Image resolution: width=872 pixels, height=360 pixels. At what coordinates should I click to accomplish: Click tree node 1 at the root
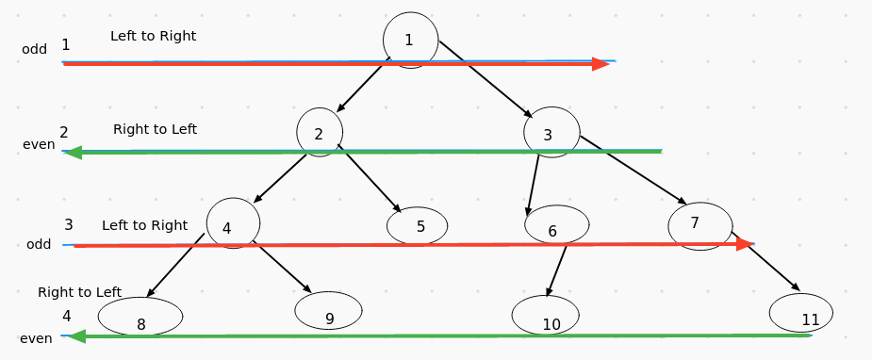coord(410,40)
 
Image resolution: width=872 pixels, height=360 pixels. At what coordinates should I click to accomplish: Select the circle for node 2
coord(319,133)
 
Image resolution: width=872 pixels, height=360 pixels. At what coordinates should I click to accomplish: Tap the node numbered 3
coord(551,133)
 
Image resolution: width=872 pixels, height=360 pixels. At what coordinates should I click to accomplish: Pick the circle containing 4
coord(232,224)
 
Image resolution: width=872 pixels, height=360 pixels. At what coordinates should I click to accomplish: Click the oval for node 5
coord(418,226)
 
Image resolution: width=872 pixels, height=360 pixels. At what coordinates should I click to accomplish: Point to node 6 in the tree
coord(556,226)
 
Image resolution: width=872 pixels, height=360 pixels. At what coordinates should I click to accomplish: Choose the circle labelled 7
coord(699,224)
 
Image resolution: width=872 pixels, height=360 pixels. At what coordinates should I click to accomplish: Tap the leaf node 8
coord(140,318)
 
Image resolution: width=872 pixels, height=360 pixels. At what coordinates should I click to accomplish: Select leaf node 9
coord(328,311)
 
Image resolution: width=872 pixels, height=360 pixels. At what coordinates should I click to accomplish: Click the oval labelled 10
coord(551,316)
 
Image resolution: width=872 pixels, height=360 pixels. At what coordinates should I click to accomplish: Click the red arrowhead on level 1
coord(601,64)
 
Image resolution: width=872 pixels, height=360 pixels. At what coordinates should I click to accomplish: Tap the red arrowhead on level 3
coord(745,244)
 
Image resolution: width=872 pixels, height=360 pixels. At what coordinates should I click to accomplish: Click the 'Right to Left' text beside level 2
coord(155,129)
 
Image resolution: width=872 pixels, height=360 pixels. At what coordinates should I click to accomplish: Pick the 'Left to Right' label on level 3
coord(144,225)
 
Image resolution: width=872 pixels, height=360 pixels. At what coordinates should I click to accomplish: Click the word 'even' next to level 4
coord(36,338)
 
